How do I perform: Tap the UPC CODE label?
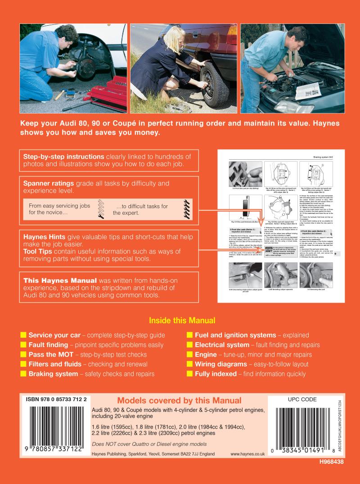[x=292, y=399]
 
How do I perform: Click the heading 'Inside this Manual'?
[x=182, y=321]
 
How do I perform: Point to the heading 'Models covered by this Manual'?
[x=179, y=400]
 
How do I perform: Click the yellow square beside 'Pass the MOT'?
[x=23, y=355]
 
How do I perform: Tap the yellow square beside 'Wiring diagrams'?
[x=190, y=364]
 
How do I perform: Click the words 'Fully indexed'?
[x=216, y=374]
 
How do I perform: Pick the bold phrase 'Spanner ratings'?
[x=48, y=183]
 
